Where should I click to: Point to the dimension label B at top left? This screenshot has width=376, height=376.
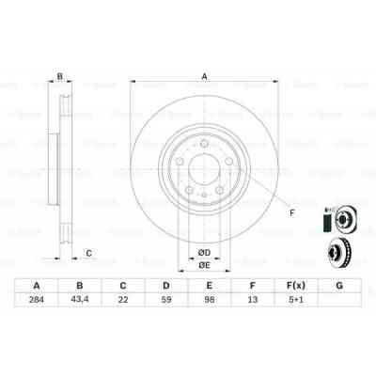point(59,77)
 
